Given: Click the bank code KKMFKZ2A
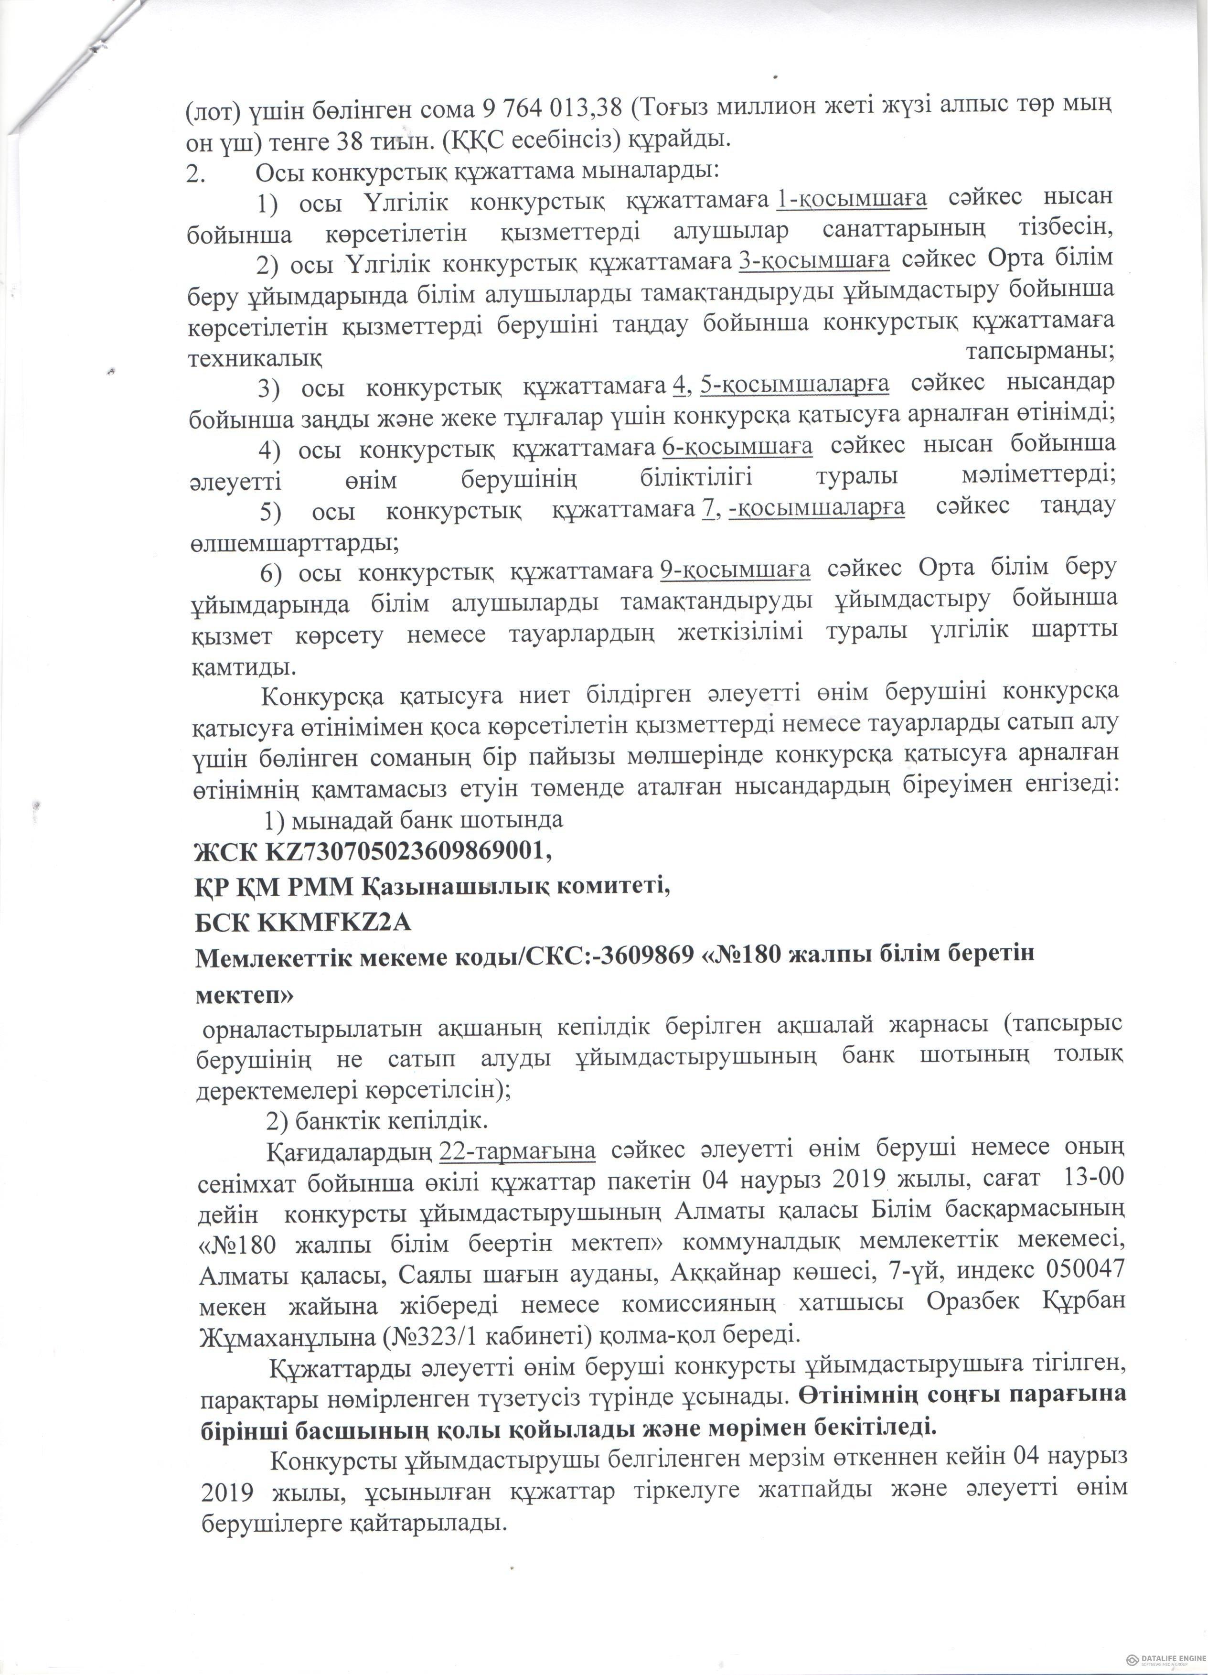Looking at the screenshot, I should click(334, 923).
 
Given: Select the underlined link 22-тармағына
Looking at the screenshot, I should click(518, 1150).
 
